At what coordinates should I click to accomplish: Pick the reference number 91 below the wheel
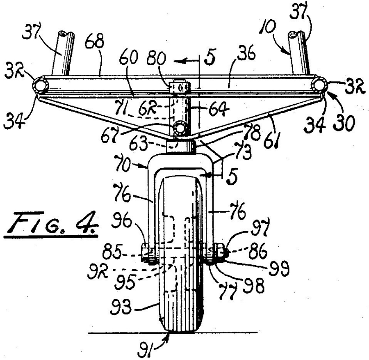point(145,350)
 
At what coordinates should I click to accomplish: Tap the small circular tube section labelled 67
point(180,128)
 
